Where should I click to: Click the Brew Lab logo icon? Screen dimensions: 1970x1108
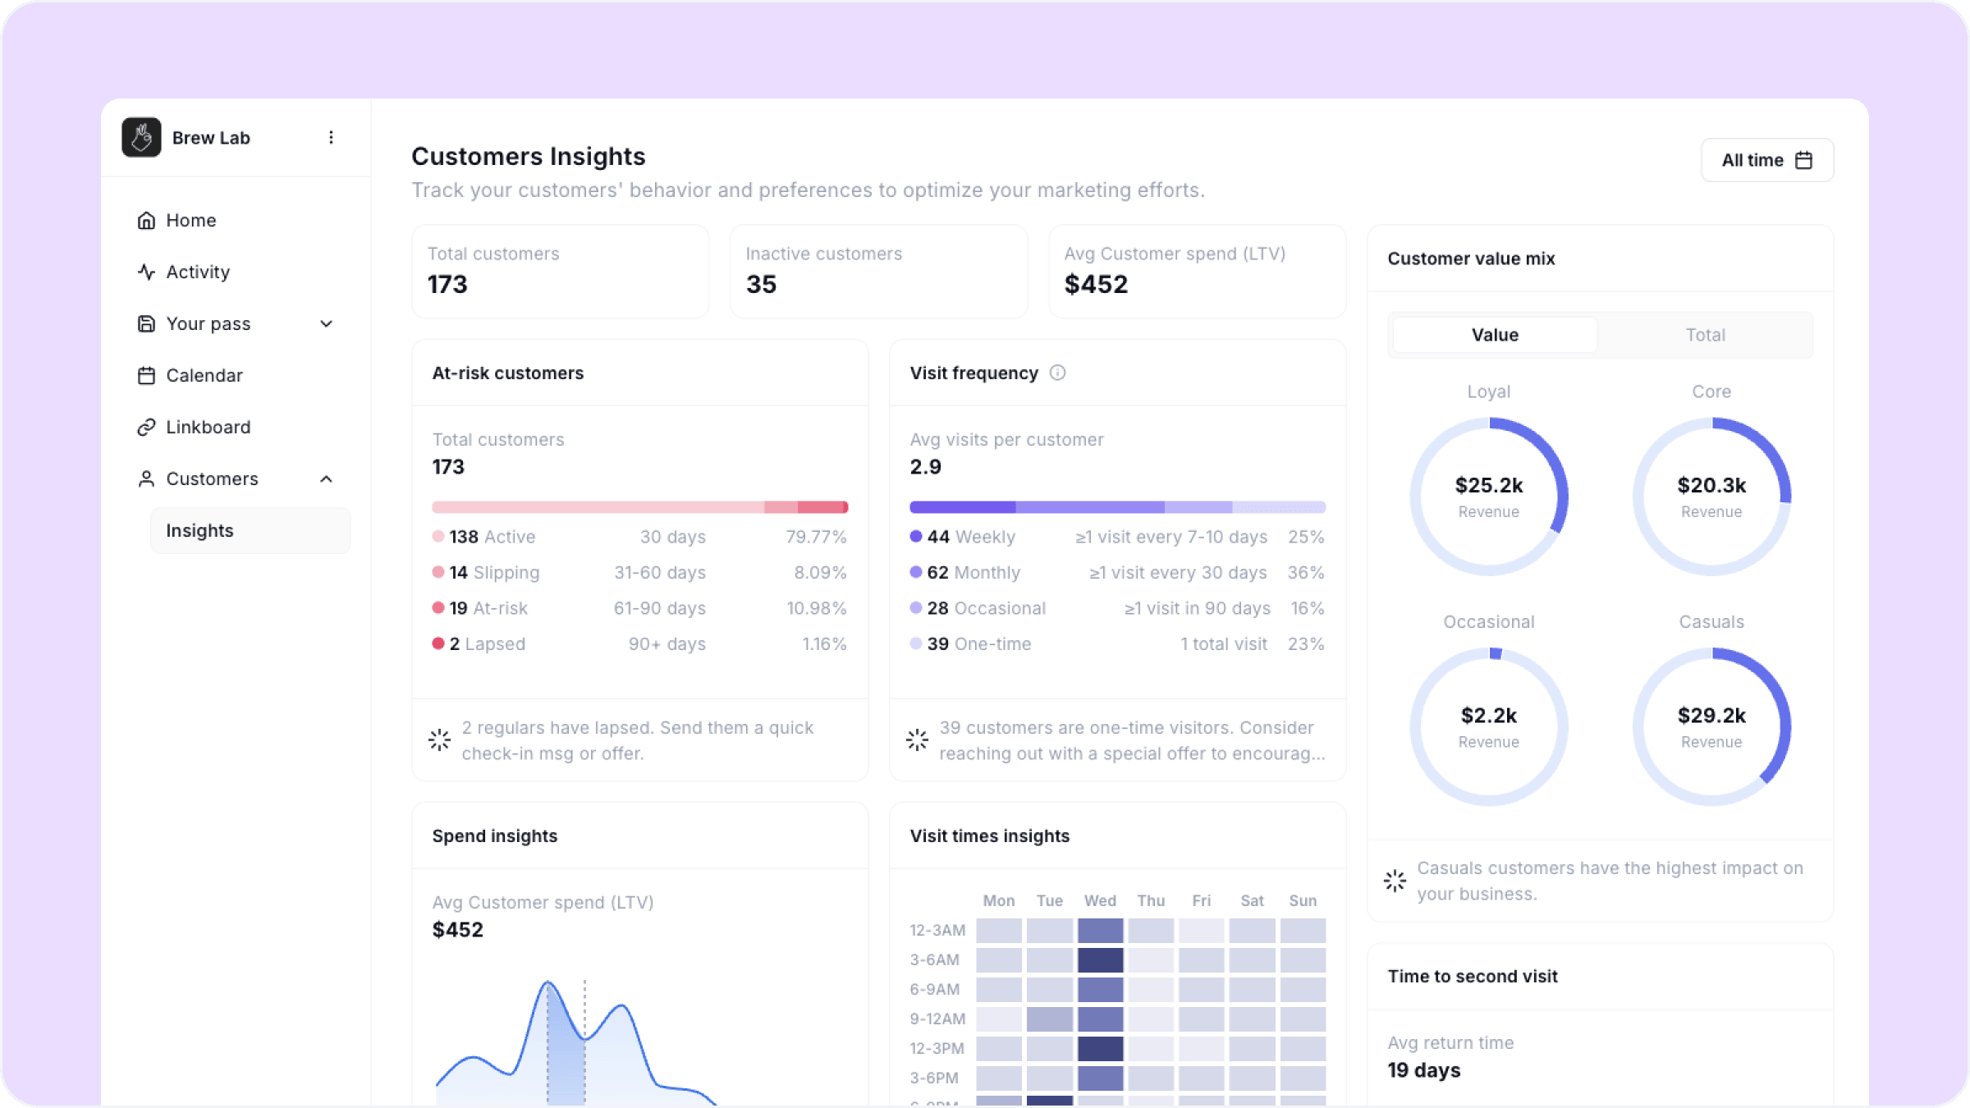pyautogui.click(x=141, y=137)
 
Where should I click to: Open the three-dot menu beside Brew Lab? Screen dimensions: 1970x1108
pyautogui.click(x=331, y=137)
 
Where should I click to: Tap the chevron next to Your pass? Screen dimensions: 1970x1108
pyautogui.click(x=326, y=323)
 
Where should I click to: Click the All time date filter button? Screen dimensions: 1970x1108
pyautogui.click(x=1766, y=160)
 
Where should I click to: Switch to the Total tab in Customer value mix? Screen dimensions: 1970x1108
pyautogui.click(x=1705, y=335)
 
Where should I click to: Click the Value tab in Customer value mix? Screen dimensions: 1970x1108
pyautogui.click(x=1495, y=335)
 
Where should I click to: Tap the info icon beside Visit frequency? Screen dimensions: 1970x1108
pyautogui.click(x=1057, y=373)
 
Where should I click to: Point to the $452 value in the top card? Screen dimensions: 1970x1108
pyautogui.click(x=1096, y=284)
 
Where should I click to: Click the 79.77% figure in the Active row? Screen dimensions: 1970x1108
pyautogui.click(x=816, y=537)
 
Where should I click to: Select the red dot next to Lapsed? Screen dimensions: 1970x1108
pyautogui.click(x=438, y=643)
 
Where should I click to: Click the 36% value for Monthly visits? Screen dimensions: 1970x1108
pyautogui.click(x=1306, y=572)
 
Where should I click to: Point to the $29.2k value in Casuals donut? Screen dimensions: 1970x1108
pyautogui.click(x=1711, y=716)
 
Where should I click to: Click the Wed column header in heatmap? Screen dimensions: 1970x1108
pyautogui.click(x=1100, y=900)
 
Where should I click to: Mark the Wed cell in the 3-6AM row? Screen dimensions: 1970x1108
pyautogui.click(x=1100, y=959)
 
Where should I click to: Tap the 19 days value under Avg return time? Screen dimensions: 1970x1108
pyautogui.click(x=1424, y=1070)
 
